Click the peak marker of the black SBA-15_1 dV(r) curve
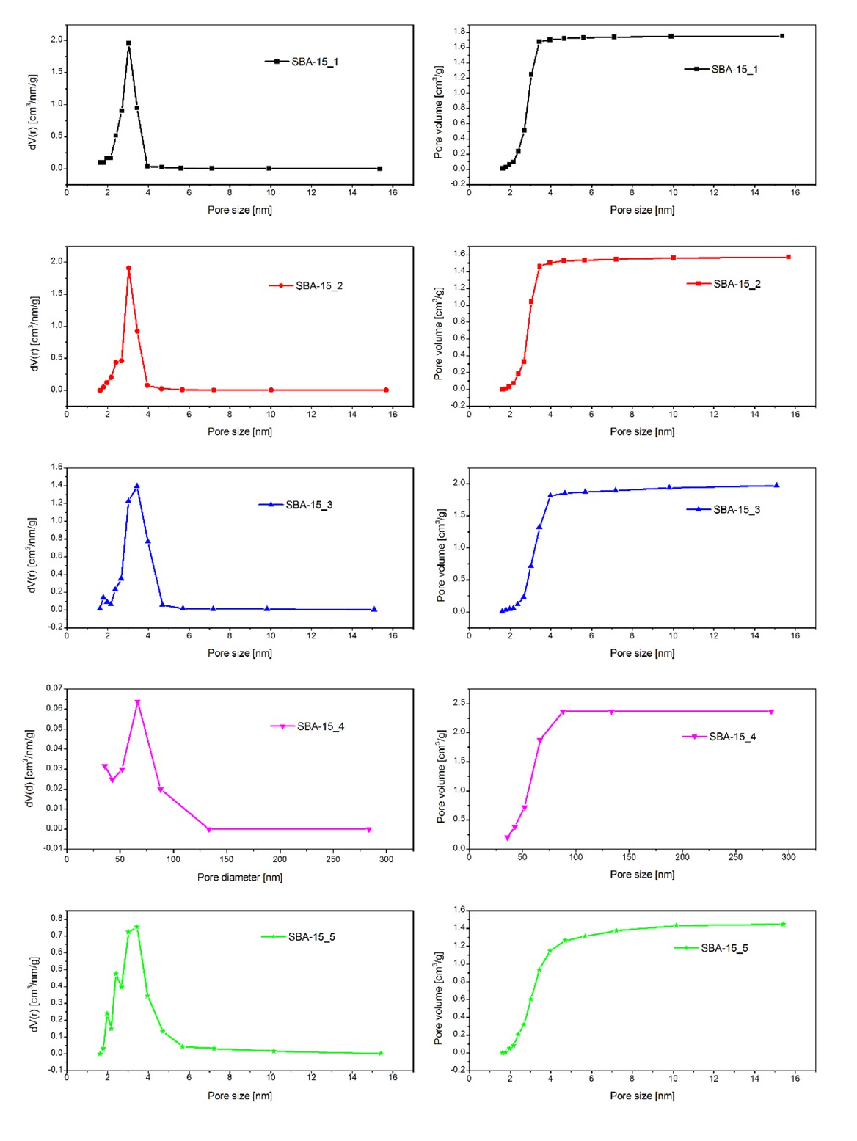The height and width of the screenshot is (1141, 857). coord(128,43)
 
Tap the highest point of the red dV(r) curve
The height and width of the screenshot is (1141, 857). coord(128,269)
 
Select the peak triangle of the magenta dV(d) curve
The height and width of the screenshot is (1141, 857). coord(137,703)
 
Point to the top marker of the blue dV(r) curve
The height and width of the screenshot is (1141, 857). coord(136,486)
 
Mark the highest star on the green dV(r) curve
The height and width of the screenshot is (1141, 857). coord(136,927)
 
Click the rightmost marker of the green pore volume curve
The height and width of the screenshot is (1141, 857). coord(783,924)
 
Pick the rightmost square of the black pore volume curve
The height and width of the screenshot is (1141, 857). coord(782,36)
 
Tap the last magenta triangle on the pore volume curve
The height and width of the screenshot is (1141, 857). coord(771,712)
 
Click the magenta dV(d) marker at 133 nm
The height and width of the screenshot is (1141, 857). coord(209,829)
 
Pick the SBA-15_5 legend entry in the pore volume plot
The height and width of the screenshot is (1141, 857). coord(711,948)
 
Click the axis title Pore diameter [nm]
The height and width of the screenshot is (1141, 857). coord(239,877)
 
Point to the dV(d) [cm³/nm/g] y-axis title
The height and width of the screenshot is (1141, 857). coord(30,768)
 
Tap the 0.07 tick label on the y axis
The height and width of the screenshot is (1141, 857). coord(54,688)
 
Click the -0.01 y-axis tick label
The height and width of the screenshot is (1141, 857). coord(53,848)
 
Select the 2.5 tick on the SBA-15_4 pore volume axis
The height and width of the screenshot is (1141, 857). coord(459,703)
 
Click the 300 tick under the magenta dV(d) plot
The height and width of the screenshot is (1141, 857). coord(386,859)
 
